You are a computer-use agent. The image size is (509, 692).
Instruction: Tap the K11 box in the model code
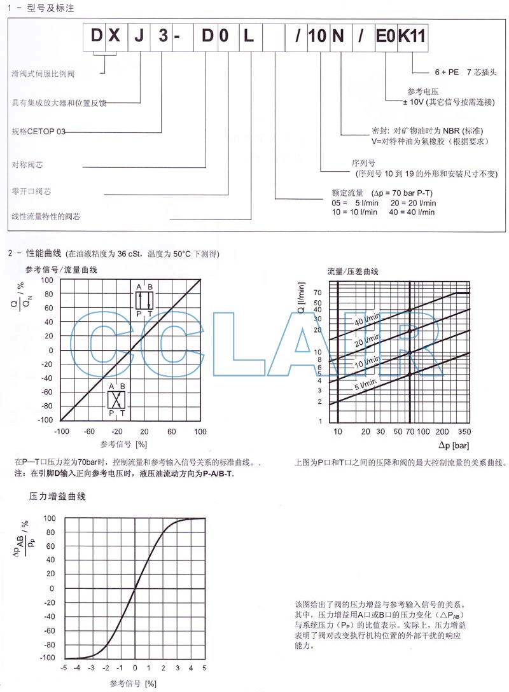(x=412, y=36)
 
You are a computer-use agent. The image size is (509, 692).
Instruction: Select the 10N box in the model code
(x=325, y=36)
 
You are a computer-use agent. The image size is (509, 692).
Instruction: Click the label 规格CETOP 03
(x=38, y=132)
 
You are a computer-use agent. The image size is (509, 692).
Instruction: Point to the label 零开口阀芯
(x=32, y=191)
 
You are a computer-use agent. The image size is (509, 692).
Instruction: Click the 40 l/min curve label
(x=368, y=319)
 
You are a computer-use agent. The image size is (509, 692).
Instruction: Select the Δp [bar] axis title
(x=454, y=444)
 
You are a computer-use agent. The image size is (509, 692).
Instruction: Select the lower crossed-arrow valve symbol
(x=116, y=399)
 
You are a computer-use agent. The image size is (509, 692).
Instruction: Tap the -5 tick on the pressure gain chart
(x=64, y=669)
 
